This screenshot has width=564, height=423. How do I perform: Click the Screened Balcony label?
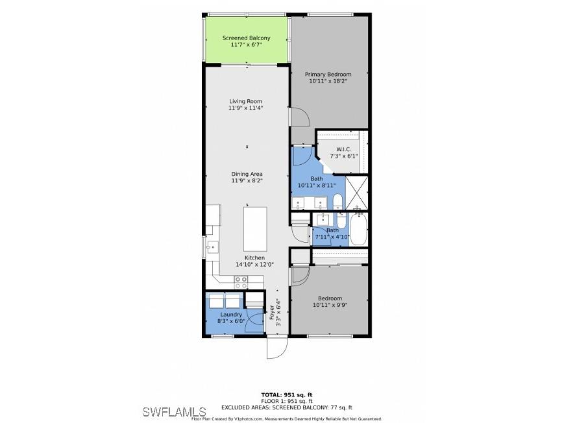coord(246,38)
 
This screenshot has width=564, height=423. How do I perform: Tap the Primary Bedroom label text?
coord(328,75)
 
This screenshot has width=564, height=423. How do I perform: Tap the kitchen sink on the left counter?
coord(212,247)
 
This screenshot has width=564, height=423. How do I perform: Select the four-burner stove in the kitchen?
coord(241,282)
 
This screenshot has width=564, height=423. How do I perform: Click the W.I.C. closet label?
coord(343,149)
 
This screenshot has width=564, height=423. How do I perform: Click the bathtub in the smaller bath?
coord(358,230)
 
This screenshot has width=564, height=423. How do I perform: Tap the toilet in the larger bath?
coord(339,201)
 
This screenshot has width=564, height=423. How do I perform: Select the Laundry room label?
coord(231,314)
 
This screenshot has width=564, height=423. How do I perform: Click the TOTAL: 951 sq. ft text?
coord(286,394)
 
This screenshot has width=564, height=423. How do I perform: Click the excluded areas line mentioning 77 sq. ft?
coord(286,407)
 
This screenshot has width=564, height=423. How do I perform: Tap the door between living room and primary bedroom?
coord(299,117)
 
